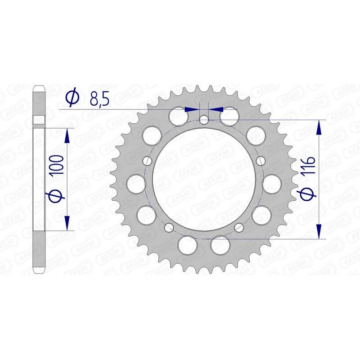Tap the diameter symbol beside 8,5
[x=72, y=97]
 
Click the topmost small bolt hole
[x=204, y=120]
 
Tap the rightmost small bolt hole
[x=260, y=161]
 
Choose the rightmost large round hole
[x=272, y=184]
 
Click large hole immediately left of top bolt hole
[x=179, y=116]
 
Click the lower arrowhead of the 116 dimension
[x=319, y=231]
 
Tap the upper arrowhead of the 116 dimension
[x=319, y=127]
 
